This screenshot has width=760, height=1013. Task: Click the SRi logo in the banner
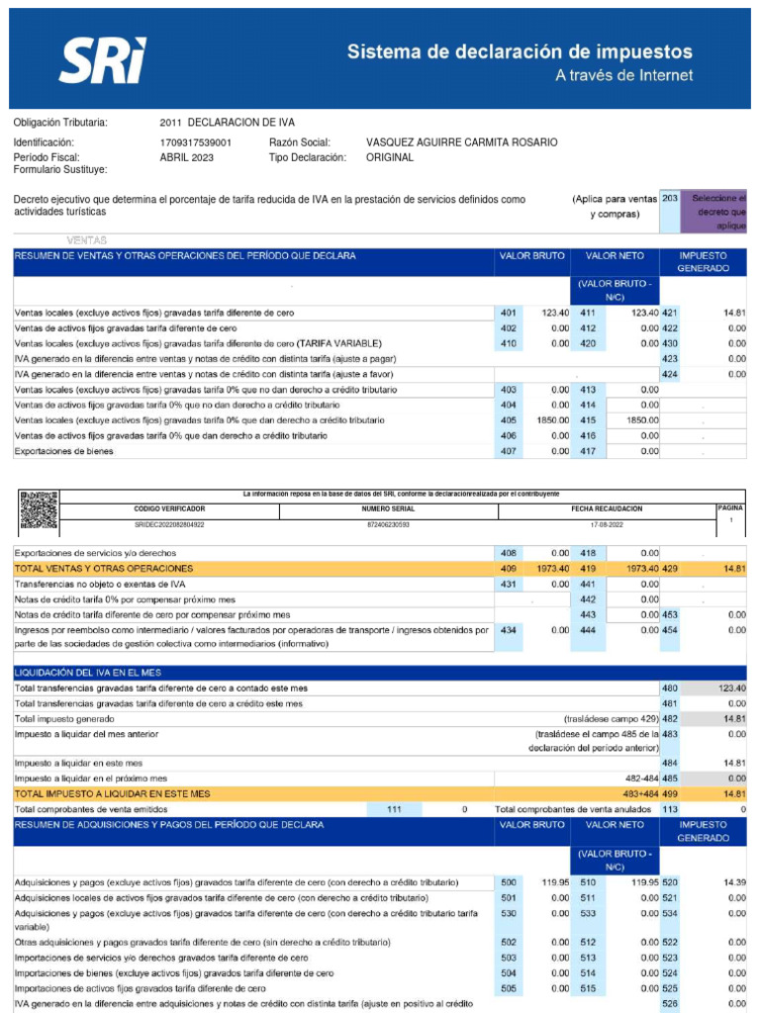(x=102, y=60)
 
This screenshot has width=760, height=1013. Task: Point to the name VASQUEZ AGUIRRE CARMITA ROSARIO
(x=461, y=142)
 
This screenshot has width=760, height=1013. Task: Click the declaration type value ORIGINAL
(x=390, y=157)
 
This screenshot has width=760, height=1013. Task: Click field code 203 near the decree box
(x=670, y=199)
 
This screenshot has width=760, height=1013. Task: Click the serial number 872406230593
(x=388, y=525)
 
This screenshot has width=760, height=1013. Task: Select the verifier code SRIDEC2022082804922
(x=169, y=525)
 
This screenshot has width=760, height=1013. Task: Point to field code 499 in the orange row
(x=670, y=793)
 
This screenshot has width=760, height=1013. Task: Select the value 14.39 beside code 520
(x=734, y=881)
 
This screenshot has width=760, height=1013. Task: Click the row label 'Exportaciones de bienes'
(x=63, y=452)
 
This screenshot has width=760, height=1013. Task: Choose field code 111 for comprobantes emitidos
(x=394, y=809)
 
